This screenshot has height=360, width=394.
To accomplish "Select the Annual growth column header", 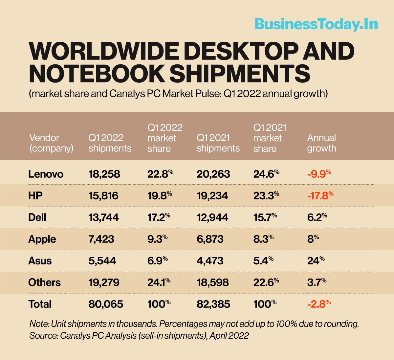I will tap(321, 143).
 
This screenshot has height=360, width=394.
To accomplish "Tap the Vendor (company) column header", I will tap(51, 143).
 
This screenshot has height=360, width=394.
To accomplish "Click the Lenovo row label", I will tap(46, 174).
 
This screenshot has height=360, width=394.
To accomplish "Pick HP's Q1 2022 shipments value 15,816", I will tap(103, 195).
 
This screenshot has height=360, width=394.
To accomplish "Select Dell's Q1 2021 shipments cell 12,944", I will tap(212, 217).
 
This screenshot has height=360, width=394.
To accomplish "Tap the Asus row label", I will tap(40, 260).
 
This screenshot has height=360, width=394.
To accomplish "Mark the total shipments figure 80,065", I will tap(105, 304).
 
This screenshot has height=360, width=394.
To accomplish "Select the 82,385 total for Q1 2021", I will tap(213, 304).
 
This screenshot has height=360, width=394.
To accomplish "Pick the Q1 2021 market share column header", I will tap(270, 138).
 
